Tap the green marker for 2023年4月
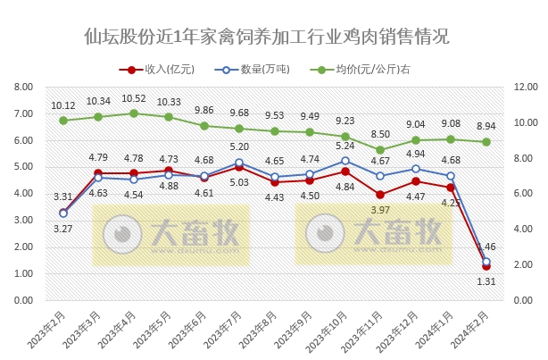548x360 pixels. click(x=133, y=113)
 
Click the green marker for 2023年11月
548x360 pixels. click(x=380, y=150)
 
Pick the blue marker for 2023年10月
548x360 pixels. click(x=345, y=161)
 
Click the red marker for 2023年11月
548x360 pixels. click(x=380, y=195)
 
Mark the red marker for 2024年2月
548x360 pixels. click(x=486, y=266)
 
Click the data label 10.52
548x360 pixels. click(x=133, y=99)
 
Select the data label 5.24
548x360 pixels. click(x=345, y=146)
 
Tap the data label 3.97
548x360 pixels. click(x=380, y=209)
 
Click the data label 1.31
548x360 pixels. click(x=486, y=281)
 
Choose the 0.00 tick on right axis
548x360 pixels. click(x=521, y=301)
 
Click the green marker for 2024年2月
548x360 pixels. click(x=486, y=141)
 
